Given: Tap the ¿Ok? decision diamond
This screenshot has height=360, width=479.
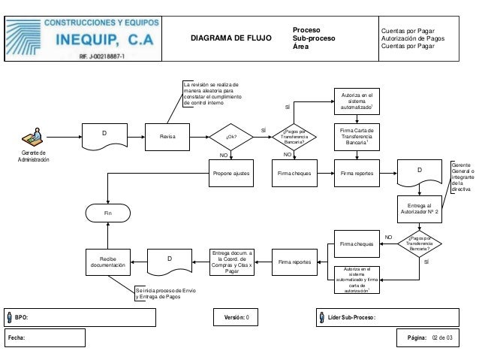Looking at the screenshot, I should pos(232,137).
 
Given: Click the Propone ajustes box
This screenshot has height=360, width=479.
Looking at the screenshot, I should pos(232,173).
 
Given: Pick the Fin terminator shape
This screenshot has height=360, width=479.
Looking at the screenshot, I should pos(108,213).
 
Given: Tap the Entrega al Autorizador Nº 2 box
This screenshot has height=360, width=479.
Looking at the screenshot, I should pos(419,207).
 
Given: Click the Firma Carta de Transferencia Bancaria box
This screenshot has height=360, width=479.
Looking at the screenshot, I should pos(357,138).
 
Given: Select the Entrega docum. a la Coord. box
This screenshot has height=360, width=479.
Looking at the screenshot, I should pos(232,262).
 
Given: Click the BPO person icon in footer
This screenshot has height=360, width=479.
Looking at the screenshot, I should pos(10,317).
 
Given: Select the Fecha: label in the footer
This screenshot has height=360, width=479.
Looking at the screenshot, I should pos(17,339).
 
